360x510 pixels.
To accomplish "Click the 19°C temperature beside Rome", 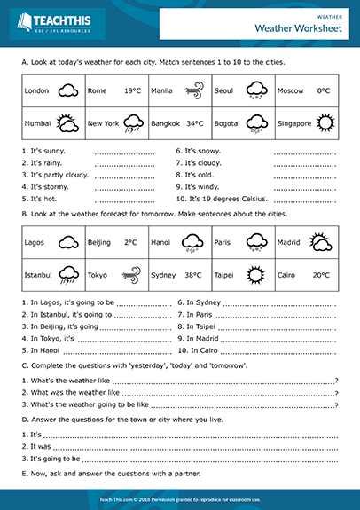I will click(132, 90).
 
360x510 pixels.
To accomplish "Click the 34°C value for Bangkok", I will click(195, 123).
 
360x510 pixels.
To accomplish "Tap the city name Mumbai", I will click(37, 123).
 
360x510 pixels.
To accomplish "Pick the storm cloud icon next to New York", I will click(133, 123).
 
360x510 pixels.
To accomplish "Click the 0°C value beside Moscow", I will click(323, 90).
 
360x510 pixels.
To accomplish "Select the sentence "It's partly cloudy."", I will click(54, 175).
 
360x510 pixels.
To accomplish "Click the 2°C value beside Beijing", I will click(130, 241).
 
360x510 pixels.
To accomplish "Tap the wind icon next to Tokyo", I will click(130, 275).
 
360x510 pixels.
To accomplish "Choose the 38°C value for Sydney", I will click(192, 275).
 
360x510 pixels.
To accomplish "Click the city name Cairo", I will click(287, 275).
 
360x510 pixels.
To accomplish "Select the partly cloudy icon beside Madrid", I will click(320, 241).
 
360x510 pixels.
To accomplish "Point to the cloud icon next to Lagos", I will click(67, 241).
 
